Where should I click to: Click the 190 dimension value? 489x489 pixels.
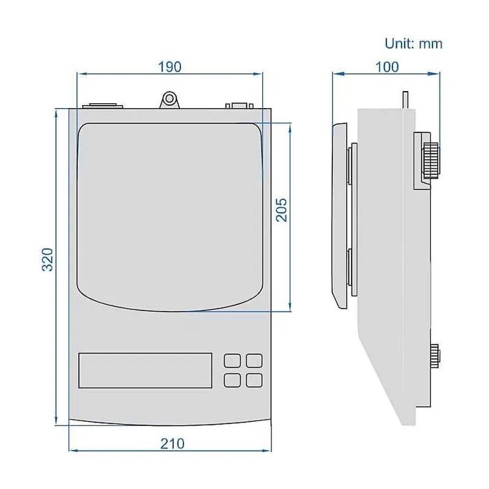coord(170,67)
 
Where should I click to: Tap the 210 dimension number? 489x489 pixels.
coord(172,444)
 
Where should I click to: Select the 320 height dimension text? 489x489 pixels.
coord(48,260)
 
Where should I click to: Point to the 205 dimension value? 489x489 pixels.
coord(282,210)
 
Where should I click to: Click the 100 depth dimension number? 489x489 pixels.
coord(387,67)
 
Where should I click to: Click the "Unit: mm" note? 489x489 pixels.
coord(414,43)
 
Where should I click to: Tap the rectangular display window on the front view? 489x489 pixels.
coord(145,370)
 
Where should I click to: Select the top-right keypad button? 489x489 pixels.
coord(254,361)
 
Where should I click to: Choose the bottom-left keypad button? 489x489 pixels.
coord(232,380)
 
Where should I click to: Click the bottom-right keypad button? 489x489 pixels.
coord(254,380)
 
